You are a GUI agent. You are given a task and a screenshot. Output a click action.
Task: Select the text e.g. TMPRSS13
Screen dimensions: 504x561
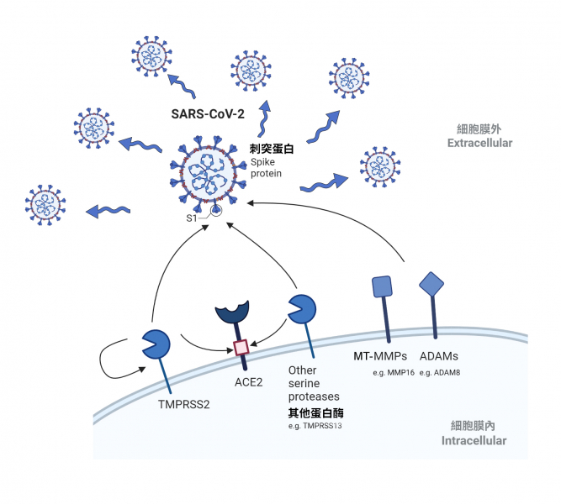click(315, 427)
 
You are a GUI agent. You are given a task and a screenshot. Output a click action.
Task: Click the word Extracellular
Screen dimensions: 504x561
click(480, 144)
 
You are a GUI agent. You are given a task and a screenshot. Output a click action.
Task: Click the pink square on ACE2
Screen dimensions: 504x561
click(241, 347)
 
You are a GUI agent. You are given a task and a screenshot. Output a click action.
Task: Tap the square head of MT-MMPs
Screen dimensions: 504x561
click(382, 286)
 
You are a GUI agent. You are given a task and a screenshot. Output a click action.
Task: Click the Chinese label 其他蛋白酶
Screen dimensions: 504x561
click(316, 413)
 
